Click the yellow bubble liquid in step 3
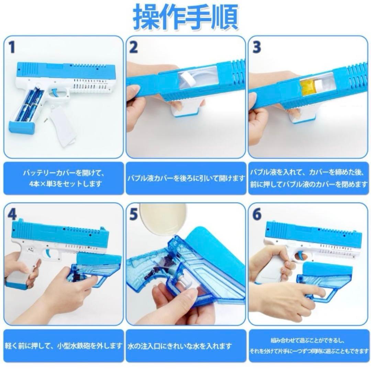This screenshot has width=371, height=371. click(x=307, y=86)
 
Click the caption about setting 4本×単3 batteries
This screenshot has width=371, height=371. click(x=63, y=178)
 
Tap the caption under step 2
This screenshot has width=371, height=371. click(x=185, y=178)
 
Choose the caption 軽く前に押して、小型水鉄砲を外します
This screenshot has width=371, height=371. click(x=64, y=346)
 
